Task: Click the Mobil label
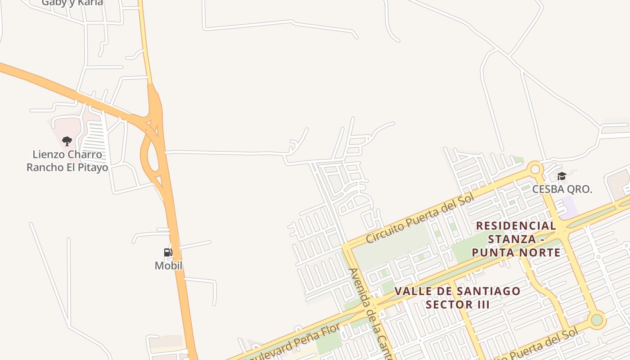pyautogui.click(x=168, y=265)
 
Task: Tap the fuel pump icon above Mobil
pyautogui.click(x=168, y=252)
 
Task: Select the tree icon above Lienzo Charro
pyautogui.click(x=67, y=141)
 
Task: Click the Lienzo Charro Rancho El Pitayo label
pyautogui.click(x=67, y=161)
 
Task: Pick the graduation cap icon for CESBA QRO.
pyautogui.click(x=562, y=176)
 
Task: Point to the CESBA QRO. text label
pyautogui.click(x=562, y=189)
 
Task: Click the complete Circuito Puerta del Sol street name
pyautogui.click(x=420, y=219)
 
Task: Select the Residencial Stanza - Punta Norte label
pyautogui.click(x=516, y=239)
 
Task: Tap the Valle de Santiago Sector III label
pyautogui.click(x=458, y=297)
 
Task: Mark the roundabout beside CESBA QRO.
pyautogui.click(x=535, y=169)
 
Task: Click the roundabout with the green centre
pyautogui.click(x=597, y=320)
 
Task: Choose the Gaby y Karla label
pyautogui.click(x=72, y=2)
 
